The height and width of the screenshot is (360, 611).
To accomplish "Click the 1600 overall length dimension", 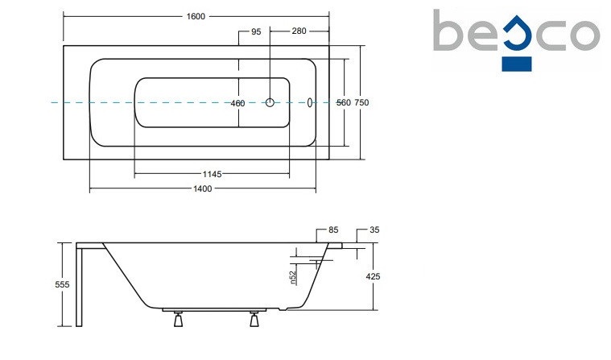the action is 195,15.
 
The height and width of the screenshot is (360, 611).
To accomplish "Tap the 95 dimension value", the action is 256,31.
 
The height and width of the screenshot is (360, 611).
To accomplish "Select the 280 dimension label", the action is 299,31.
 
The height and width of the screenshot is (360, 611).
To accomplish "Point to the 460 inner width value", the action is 237,103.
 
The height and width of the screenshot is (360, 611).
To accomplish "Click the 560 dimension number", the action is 344,103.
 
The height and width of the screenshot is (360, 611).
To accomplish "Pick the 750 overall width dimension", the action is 361,103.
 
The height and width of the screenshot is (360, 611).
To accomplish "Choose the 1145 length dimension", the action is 213,174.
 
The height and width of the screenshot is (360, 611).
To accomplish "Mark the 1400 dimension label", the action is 202,189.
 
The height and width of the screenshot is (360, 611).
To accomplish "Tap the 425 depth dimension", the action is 372,276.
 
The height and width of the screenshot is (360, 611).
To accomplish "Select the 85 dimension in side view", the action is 334,230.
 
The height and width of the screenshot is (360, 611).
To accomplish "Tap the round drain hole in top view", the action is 271,102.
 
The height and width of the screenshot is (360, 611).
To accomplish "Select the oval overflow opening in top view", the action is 310,102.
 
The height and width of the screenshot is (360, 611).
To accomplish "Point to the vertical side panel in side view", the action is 80,286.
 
